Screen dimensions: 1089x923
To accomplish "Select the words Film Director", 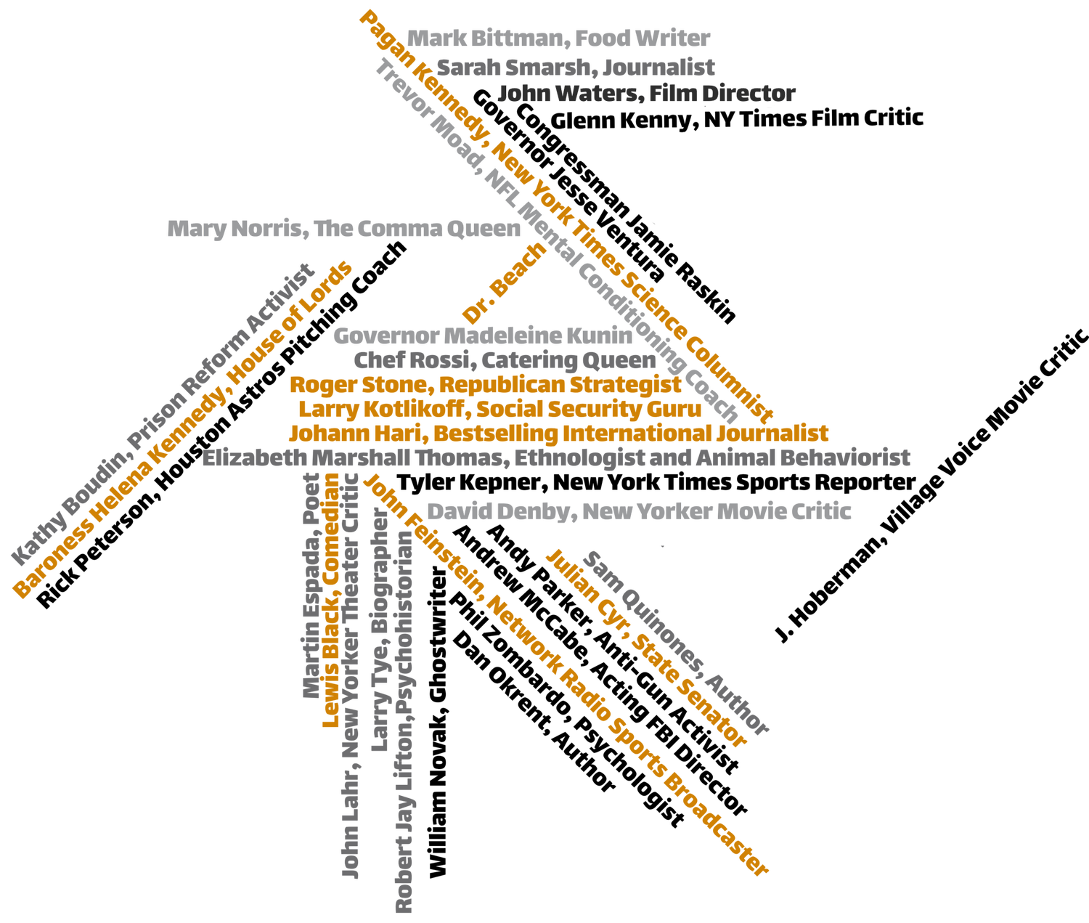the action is (x=722, y=94).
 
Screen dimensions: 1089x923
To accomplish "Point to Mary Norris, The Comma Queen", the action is (x=344, y=229).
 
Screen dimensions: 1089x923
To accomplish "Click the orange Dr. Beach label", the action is (x=504, y=283).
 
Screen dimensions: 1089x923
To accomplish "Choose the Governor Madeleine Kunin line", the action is (x=483, y=336).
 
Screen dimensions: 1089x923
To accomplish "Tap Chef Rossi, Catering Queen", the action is (x=505, y=361).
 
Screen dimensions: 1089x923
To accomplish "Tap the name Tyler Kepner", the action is (x=469, y=483).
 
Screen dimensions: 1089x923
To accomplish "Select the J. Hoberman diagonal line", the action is (x=931, y=486).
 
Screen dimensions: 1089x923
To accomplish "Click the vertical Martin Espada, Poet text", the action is (x=311, y=586).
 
